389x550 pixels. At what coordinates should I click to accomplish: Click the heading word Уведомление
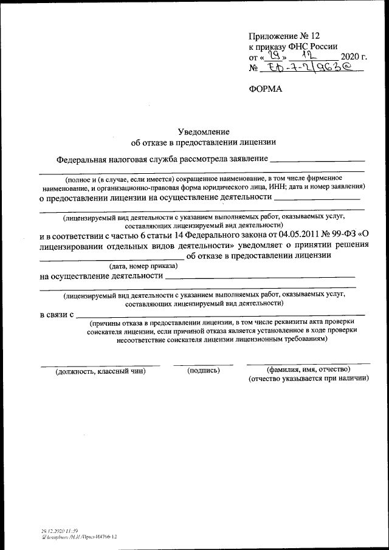coord(204,131)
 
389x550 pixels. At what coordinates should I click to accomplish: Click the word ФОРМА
coord(266,89)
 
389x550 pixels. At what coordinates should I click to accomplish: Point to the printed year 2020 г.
coord(351,57)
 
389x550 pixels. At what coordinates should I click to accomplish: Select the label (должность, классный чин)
coord(100,371)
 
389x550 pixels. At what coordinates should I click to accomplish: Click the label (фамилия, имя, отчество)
coord(308,370)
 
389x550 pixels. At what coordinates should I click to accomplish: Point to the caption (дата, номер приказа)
coord(143,266)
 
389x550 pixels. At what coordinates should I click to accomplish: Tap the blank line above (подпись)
coord(204,364)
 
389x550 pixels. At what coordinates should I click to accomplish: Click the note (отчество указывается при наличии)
coord(309,378)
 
